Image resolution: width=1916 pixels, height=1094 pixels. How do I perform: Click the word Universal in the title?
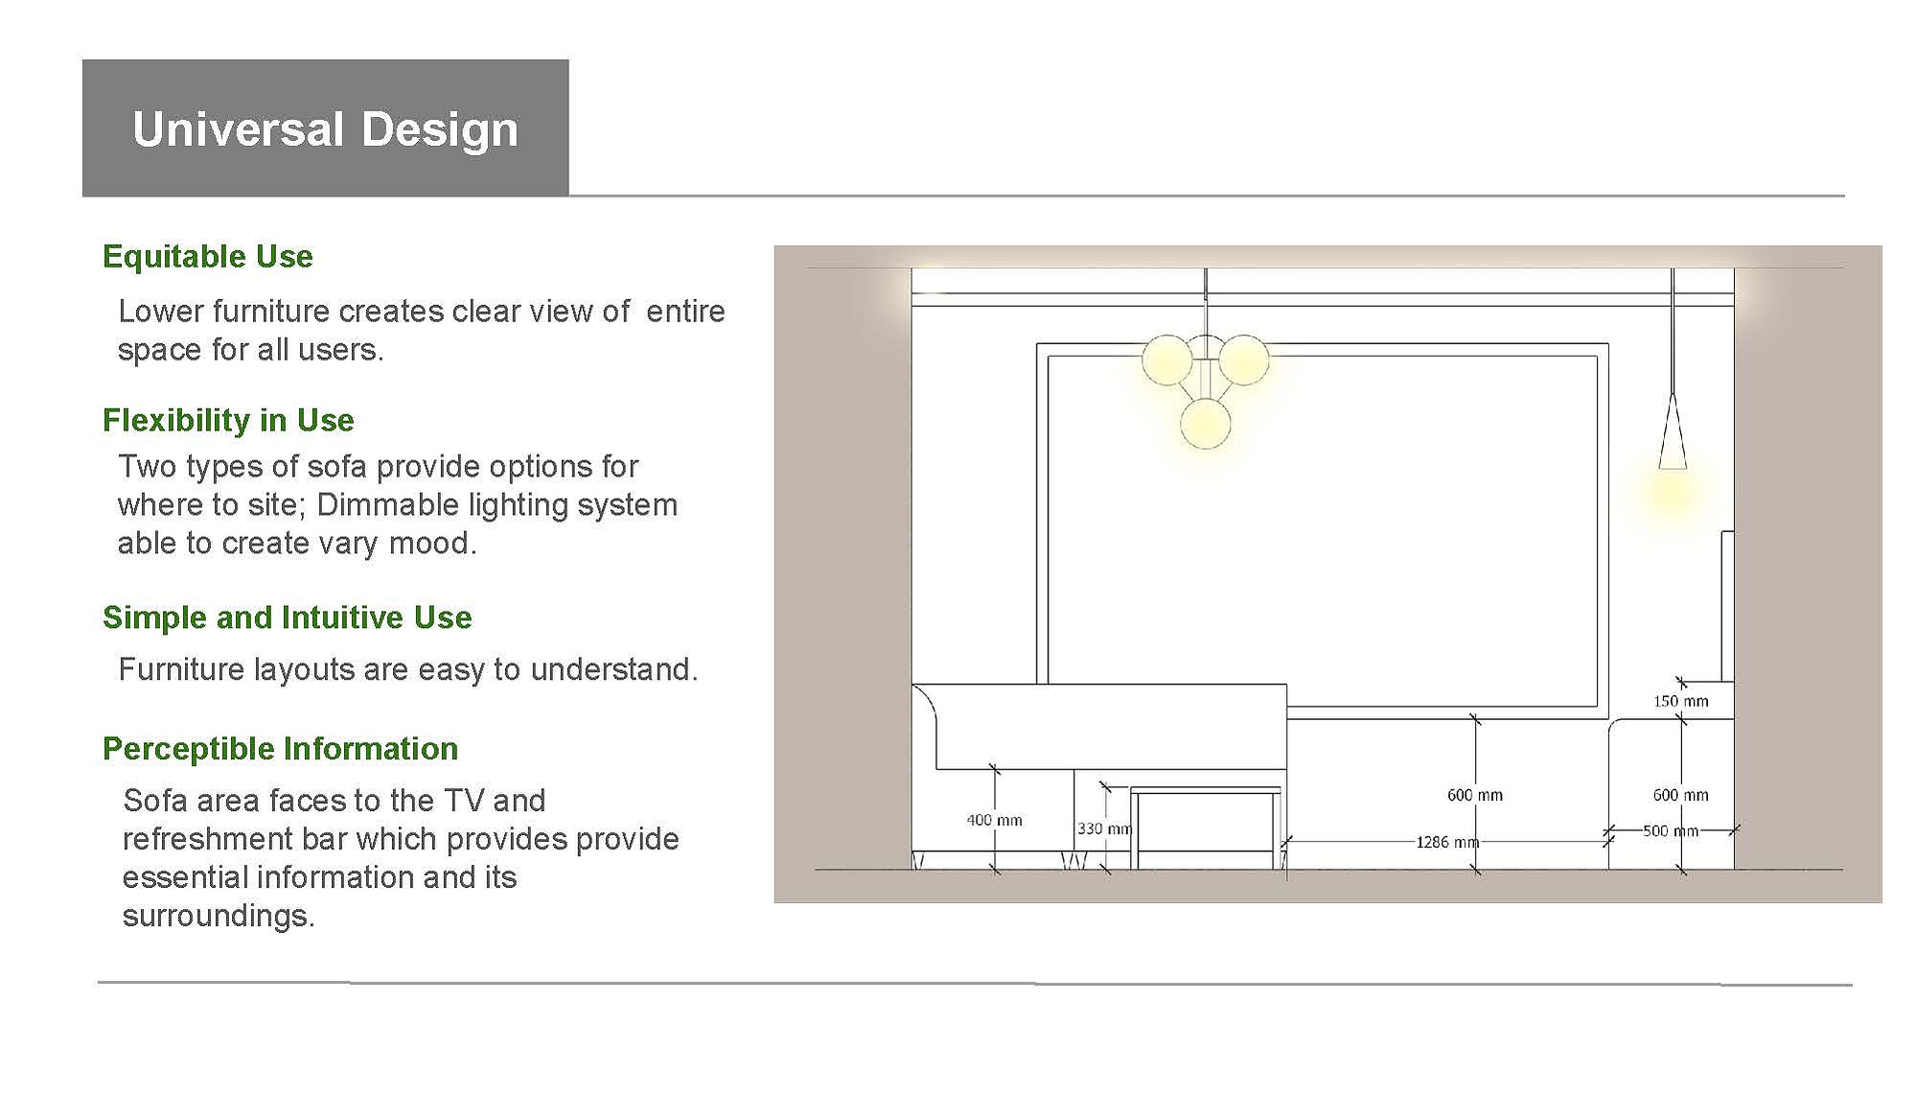tap(238, 129)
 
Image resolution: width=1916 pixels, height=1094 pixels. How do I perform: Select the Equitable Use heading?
tap(208, 257)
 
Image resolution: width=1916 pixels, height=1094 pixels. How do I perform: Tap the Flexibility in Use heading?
tap(228, 420)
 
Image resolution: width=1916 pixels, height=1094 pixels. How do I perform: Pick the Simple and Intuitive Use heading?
tap(288, 617)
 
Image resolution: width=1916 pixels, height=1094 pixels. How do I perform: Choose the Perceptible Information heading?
tap(281, 749)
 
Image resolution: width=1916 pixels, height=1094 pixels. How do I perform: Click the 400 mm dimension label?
tap(994, 821)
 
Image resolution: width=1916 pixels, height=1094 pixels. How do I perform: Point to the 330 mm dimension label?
tap(1105, 828)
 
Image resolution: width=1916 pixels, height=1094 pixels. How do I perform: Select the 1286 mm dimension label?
tap(1447, 843)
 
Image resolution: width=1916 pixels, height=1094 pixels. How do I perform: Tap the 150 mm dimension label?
tap(1680, 702)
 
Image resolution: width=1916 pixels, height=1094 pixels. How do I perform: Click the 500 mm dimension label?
tap(1671, 831)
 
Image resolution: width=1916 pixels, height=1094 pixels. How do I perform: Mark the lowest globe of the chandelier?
tap(1205, 424)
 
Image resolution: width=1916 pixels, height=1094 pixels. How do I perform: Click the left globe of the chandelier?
tap(1167, 361)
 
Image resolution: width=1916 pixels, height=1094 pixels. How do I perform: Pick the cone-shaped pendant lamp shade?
tap(1673, 431)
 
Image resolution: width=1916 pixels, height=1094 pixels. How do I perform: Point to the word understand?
tap(613, 669)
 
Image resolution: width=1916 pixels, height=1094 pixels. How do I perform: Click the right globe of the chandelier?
tap(1243, 360)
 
